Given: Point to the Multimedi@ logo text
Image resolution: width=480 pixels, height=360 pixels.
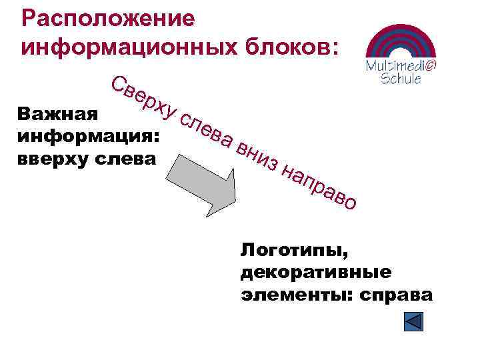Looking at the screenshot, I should pos(401,66).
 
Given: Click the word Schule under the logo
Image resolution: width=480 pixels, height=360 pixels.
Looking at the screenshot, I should pos(400,79).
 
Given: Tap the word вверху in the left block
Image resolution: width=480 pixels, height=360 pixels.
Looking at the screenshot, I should pos(53,159).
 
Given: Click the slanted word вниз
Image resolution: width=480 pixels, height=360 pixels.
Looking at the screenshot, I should pos(257,155).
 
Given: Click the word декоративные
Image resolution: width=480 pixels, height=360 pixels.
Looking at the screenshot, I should pos(316,273).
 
